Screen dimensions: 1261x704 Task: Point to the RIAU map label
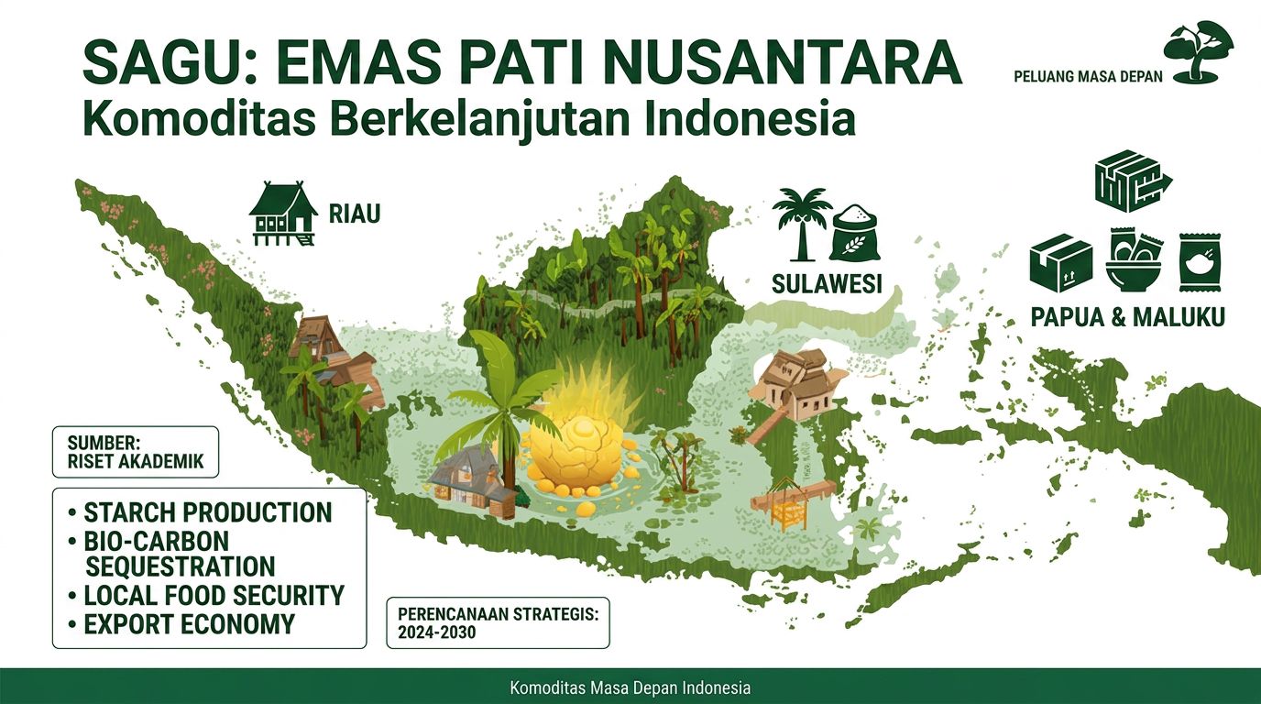[x=355, y=214]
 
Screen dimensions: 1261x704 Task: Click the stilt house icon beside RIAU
[x=281, y=214]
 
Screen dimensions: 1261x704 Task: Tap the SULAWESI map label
[x=827, y=284]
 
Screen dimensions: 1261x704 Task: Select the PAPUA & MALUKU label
[x=1127, y=317]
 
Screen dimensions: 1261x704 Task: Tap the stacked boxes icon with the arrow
[x=1132, y=181]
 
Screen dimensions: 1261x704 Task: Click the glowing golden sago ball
[x=576, y=455]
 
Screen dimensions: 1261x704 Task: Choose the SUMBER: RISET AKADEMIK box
[x=136, y=452]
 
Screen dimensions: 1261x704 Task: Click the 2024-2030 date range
[x=437, y=632]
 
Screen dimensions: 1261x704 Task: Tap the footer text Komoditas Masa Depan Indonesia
[x=630, y=687]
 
